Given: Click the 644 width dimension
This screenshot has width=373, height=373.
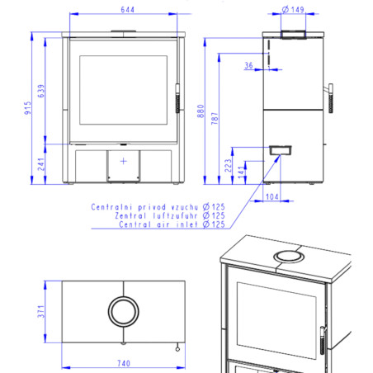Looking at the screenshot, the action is [x=128, y=10].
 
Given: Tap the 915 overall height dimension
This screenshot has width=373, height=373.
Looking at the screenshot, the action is [x=27, y=108].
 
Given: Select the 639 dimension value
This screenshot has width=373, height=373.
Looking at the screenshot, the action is [x=41, y=91].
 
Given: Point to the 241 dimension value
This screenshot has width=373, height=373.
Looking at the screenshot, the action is [x=41, y=164].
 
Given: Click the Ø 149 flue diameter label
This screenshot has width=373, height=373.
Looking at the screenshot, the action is [x=293, y=10].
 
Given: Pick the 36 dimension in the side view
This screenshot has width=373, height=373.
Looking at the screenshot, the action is [x=248, y=65].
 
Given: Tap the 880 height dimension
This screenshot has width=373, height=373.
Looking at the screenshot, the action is [x=201, y=111].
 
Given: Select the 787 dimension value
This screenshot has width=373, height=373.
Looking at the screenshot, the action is [x=215, y=118].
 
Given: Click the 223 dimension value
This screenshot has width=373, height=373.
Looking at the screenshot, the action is [x=228, y=166].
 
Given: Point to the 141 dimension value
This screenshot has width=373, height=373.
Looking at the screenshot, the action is [x=241, y=172].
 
